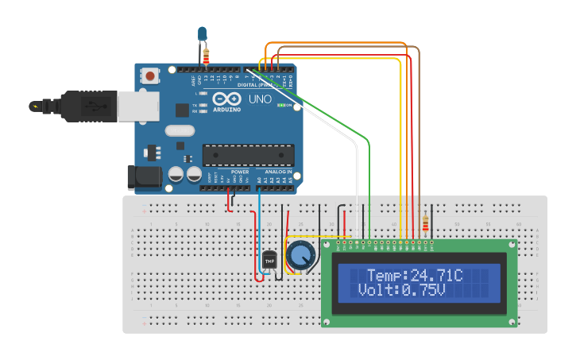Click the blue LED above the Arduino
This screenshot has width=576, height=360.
coord(202,33)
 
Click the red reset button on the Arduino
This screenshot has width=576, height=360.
coord(149,76)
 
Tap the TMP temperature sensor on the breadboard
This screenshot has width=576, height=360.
coord(269,259)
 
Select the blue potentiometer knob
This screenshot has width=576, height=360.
coord(301,255)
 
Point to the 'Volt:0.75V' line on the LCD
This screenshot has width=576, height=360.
coord(401,290)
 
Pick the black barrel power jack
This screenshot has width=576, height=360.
coord(144,177)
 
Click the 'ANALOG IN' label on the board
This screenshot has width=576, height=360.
coord(276,172)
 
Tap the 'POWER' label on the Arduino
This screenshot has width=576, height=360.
coord(240,172)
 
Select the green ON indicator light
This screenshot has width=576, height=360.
coord(279,104)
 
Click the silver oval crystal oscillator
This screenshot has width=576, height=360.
coord(179,131)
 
